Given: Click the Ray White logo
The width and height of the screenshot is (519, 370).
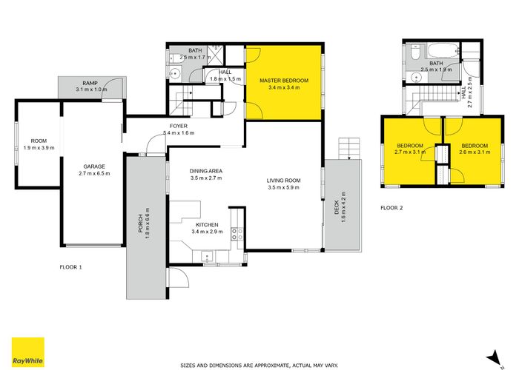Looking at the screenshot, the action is [x=28, y=352].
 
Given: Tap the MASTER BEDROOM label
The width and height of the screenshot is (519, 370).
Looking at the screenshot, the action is [x=284, y=81].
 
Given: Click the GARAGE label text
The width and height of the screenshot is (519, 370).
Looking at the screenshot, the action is [x=94, y=166].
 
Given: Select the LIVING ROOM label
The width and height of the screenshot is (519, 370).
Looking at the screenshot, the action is [x=284, y=181].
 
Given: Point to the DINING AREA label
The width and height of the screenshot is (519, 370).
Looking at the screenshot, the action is [x=206, y=171].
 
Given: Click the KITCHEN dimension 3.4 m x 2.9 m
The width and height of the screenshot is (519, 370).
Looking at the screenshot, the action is [x=207, y=232].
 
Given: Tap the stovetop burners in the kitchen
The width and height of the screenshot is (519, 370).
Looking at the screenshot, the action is [x=237, y=234].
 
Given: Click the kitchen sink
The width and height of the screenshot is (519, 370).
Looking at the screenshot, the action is [x=207, y=256].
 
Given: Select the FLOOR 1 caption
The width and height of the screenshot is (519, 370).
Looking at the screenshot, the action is [x=70, y=267].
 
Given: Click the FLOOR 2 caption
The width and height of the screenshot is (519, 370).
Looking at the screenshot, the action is [x=391, y=208].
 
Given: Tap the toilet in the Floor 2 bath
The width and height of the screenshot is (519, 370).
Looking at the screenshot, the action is [x=414, y=53].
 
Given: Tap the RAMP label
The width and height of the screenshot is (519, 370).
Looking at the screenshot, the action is [x=90, y=83].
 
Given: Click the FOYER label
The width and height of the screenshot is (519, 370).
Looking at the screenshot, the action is [x=179, y=127].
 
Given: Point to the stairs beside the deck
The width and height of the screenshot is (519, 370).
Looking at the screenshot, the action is [x=349, y=149].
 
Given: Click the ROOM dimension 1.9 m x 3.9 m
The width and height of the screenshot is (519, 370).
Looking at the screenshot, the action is [x=39, y=148].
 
